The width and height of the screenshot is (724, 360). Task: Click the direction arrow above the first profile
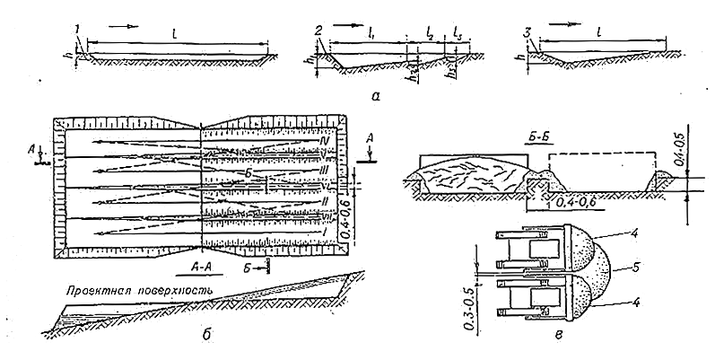[131, 27]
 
